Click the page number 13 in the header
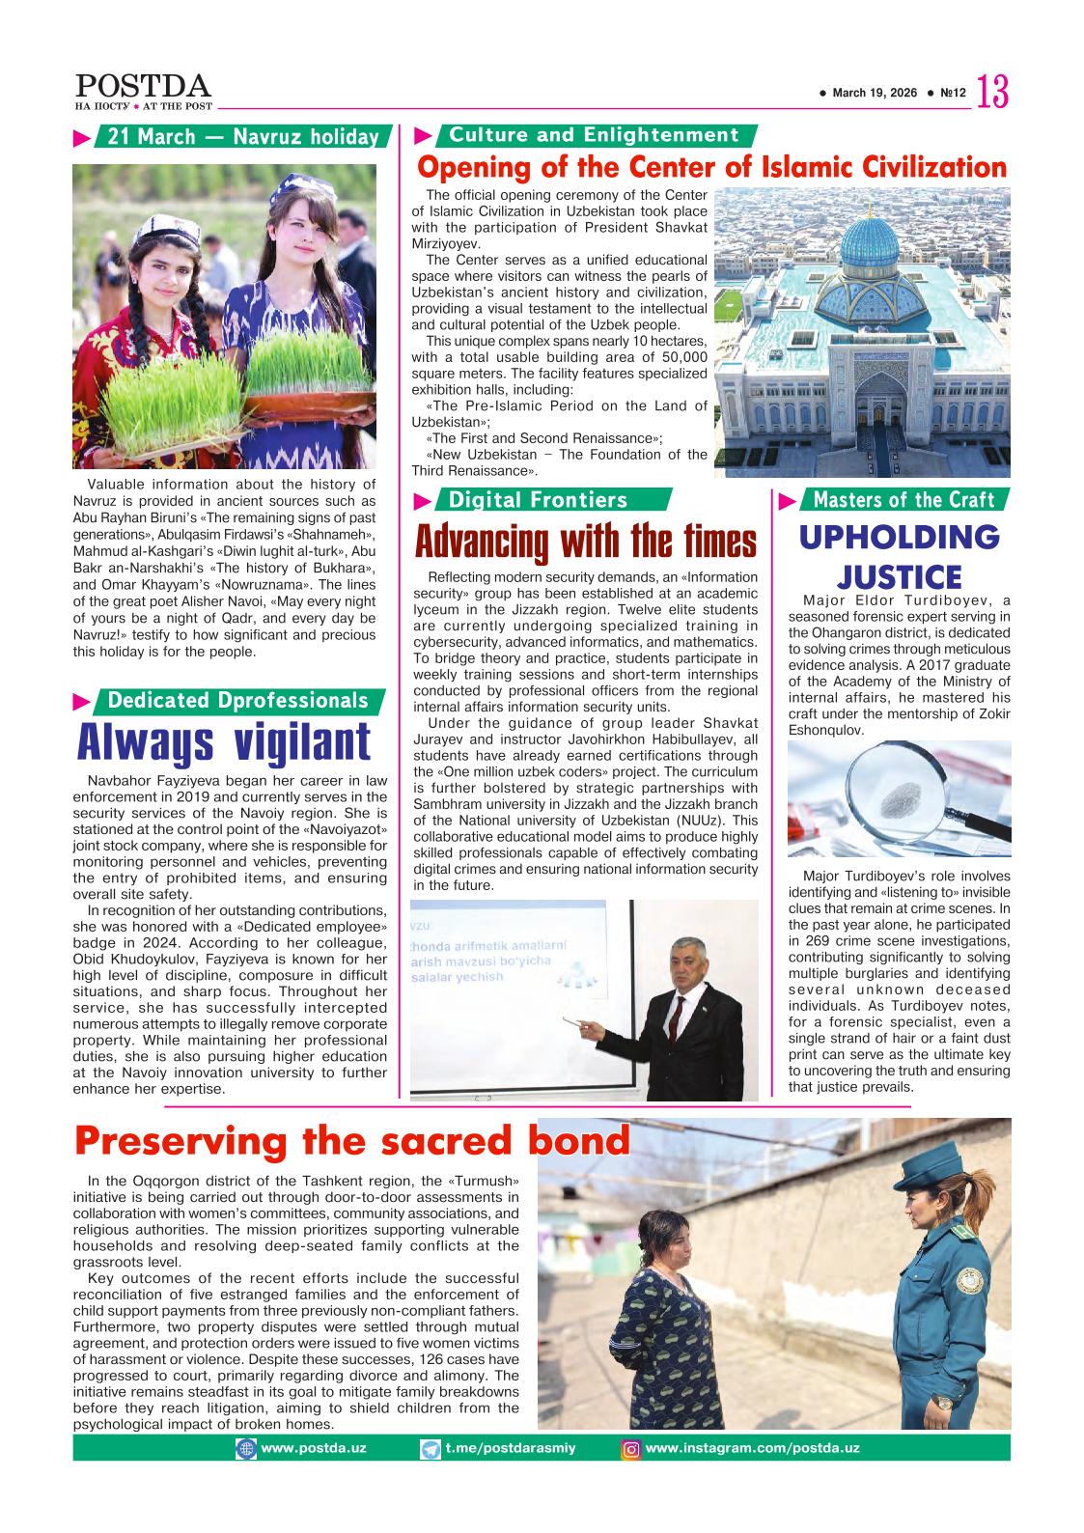993,93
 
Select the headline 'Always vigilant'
224,742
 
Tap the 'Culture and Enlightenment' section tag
594,135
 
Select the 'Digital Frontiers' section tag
539,499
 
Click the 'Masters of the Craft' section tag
903,499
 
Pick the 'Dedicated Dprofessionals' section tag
238,700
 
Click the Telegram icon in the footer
431,1448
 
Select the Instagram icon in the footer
630,1448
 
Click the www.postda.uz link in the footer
299,1448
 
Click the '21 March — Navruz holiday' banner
242,137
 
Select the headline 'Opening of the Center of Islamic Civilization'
711,168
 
